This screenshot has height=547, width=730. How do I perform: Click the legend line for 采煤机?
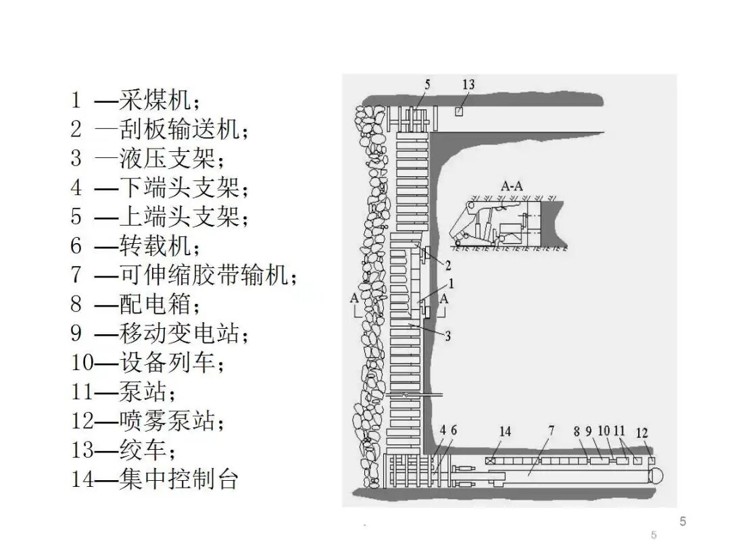click(135, 101)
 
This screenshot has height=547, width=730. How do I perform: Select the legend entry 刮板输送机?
click(159, 130)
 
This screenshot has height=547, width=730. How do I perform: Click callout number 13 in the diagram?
click(468, 84)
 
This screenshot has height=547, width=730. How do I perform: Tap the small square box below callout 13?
click(460, 111)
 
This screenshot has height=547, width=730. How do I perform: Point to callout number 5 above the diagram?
click(427, 84)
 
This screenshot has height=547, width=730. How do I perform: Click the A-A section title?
click(512, 185)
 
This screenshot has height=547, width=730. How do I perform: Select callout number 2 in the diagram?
click(447, 264)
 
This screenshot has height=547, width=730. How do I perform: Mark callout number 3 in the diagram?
click(447, 335)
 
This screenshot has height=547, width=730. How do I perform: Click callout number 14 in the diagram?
click(505, 432)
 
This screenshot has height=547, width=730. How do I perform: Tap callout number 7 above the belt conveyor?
click(551, 429)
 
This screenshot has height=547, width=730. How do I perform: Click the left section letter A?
click(354, 298)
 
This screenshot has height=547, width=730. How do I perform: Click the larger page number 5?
click(683, 521)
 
